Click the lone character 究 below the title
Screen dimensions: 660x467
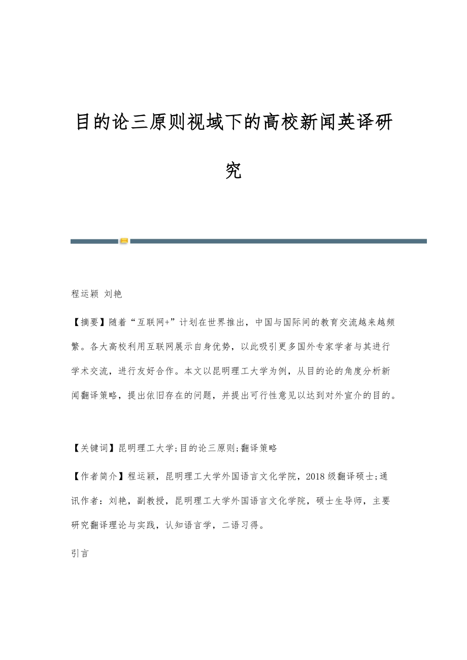coord(233,171)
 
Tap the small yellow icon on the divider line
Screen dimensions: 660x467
coord(124,241)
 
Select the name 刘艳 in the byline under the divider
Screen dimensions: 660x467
coord(113,294)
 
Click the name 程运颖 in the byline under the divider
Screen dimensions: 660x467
coord(85,294)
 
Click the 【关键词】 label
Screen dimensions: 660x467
coord(93,448)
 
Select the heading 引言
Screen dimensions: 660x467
coord(80,554)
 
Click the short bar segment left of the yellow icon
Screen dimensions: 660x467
coord(94,241)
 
